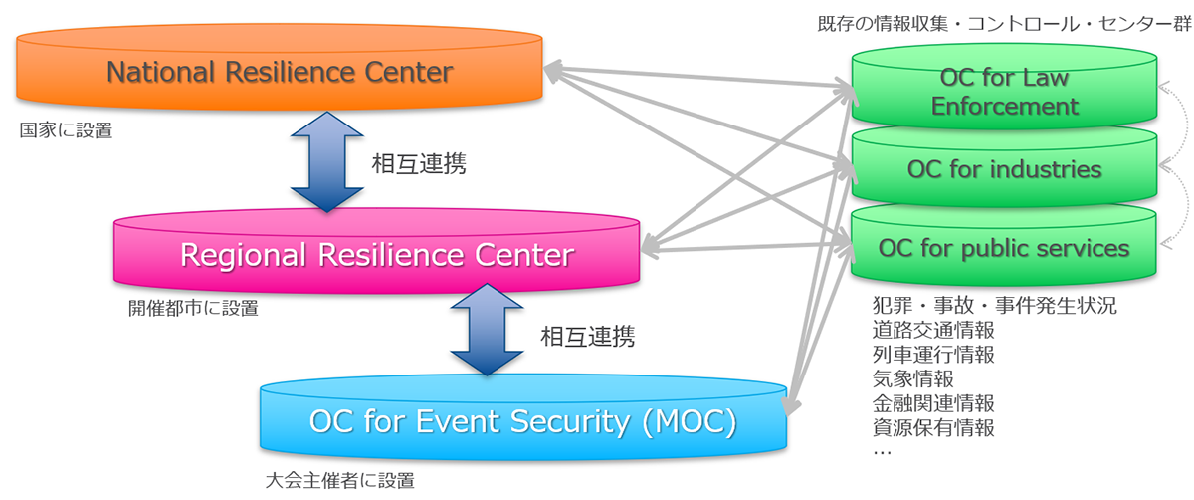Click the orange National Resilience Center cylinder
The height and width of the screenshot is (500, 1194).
[x=279, y=73]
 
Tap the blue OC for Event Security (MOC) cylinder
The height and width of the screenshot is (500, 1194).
[x=522, y=422]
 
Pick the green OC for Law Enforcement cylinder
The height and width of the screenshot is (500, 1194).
[x=1005, y=92]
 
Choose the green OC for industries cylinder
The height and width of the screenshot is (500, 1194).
[x=1005, y=169]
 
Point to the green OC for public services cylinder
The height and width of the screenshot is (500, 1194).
[x=1005, y=247]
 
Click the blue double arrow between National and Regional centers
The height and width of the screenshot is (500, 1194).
[x=325, y=162]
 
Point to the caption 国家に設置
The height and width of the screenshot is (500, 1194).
[x=66, y=130]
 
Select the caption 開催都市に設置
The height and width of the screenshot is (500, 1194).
[x=193, y=309]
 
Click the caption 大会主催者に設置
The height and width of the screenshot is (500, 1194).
[x=339, y=481]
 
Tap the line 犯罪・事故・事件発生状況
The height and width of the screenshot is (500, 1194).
[x=993, y=305]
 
